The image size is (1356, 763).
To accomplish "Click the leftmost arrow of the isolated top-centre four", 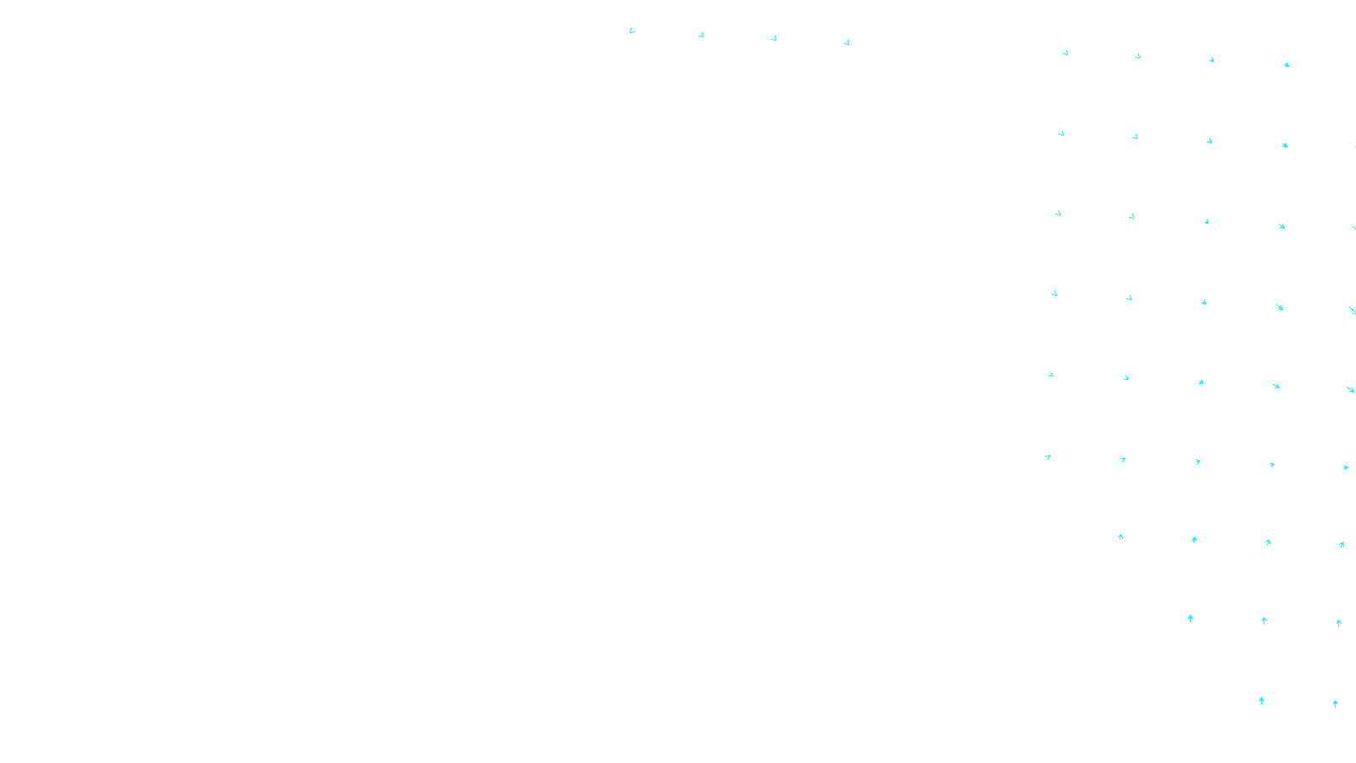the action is point(631,31).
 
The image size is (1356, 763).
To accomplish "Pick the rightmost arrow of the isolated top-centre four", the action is point(847,42).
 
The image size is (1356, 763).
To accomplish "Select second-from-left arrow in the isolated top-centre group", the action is point(701,35).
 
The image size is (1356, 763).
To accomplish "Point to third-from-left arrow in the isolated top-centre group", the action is point(774,38).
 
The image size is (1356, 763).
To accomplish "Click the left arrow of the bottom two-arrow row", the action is point(1262,700).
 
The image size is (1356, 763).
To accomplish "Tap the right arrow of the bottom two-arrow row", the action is point(1336,704).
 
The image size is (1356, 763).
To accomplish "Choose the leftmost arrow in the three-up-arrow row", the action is point(1191,618).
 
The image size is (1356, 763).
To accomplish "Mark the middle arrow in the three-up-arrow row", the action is point(1264,621).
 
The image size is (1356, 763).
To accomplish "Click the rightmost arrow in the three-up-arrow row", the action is point(1339,623).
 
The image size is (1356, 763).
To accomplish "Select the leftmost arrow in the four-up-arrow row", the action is point(1120,537).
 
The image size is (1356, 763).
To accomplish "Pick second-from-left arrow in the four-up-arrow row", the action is point(1194,539).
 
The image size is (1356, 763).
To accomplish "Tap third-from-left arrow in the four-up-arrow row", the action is point(1268,542).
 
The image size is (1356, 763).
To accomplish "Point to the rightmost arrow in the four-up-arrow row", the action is point(1342,544).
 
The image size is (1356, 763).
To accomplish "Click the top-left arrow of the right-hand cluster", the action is point(1065,53).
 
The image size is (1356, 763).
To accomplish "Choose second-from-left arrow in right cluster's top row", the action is point(1137,57).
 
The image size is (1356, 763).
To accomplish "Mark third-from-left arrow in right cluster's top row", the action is point(1211,60).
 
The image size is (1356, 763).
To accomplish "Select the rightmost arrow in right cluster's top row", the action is point(1287,64).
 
